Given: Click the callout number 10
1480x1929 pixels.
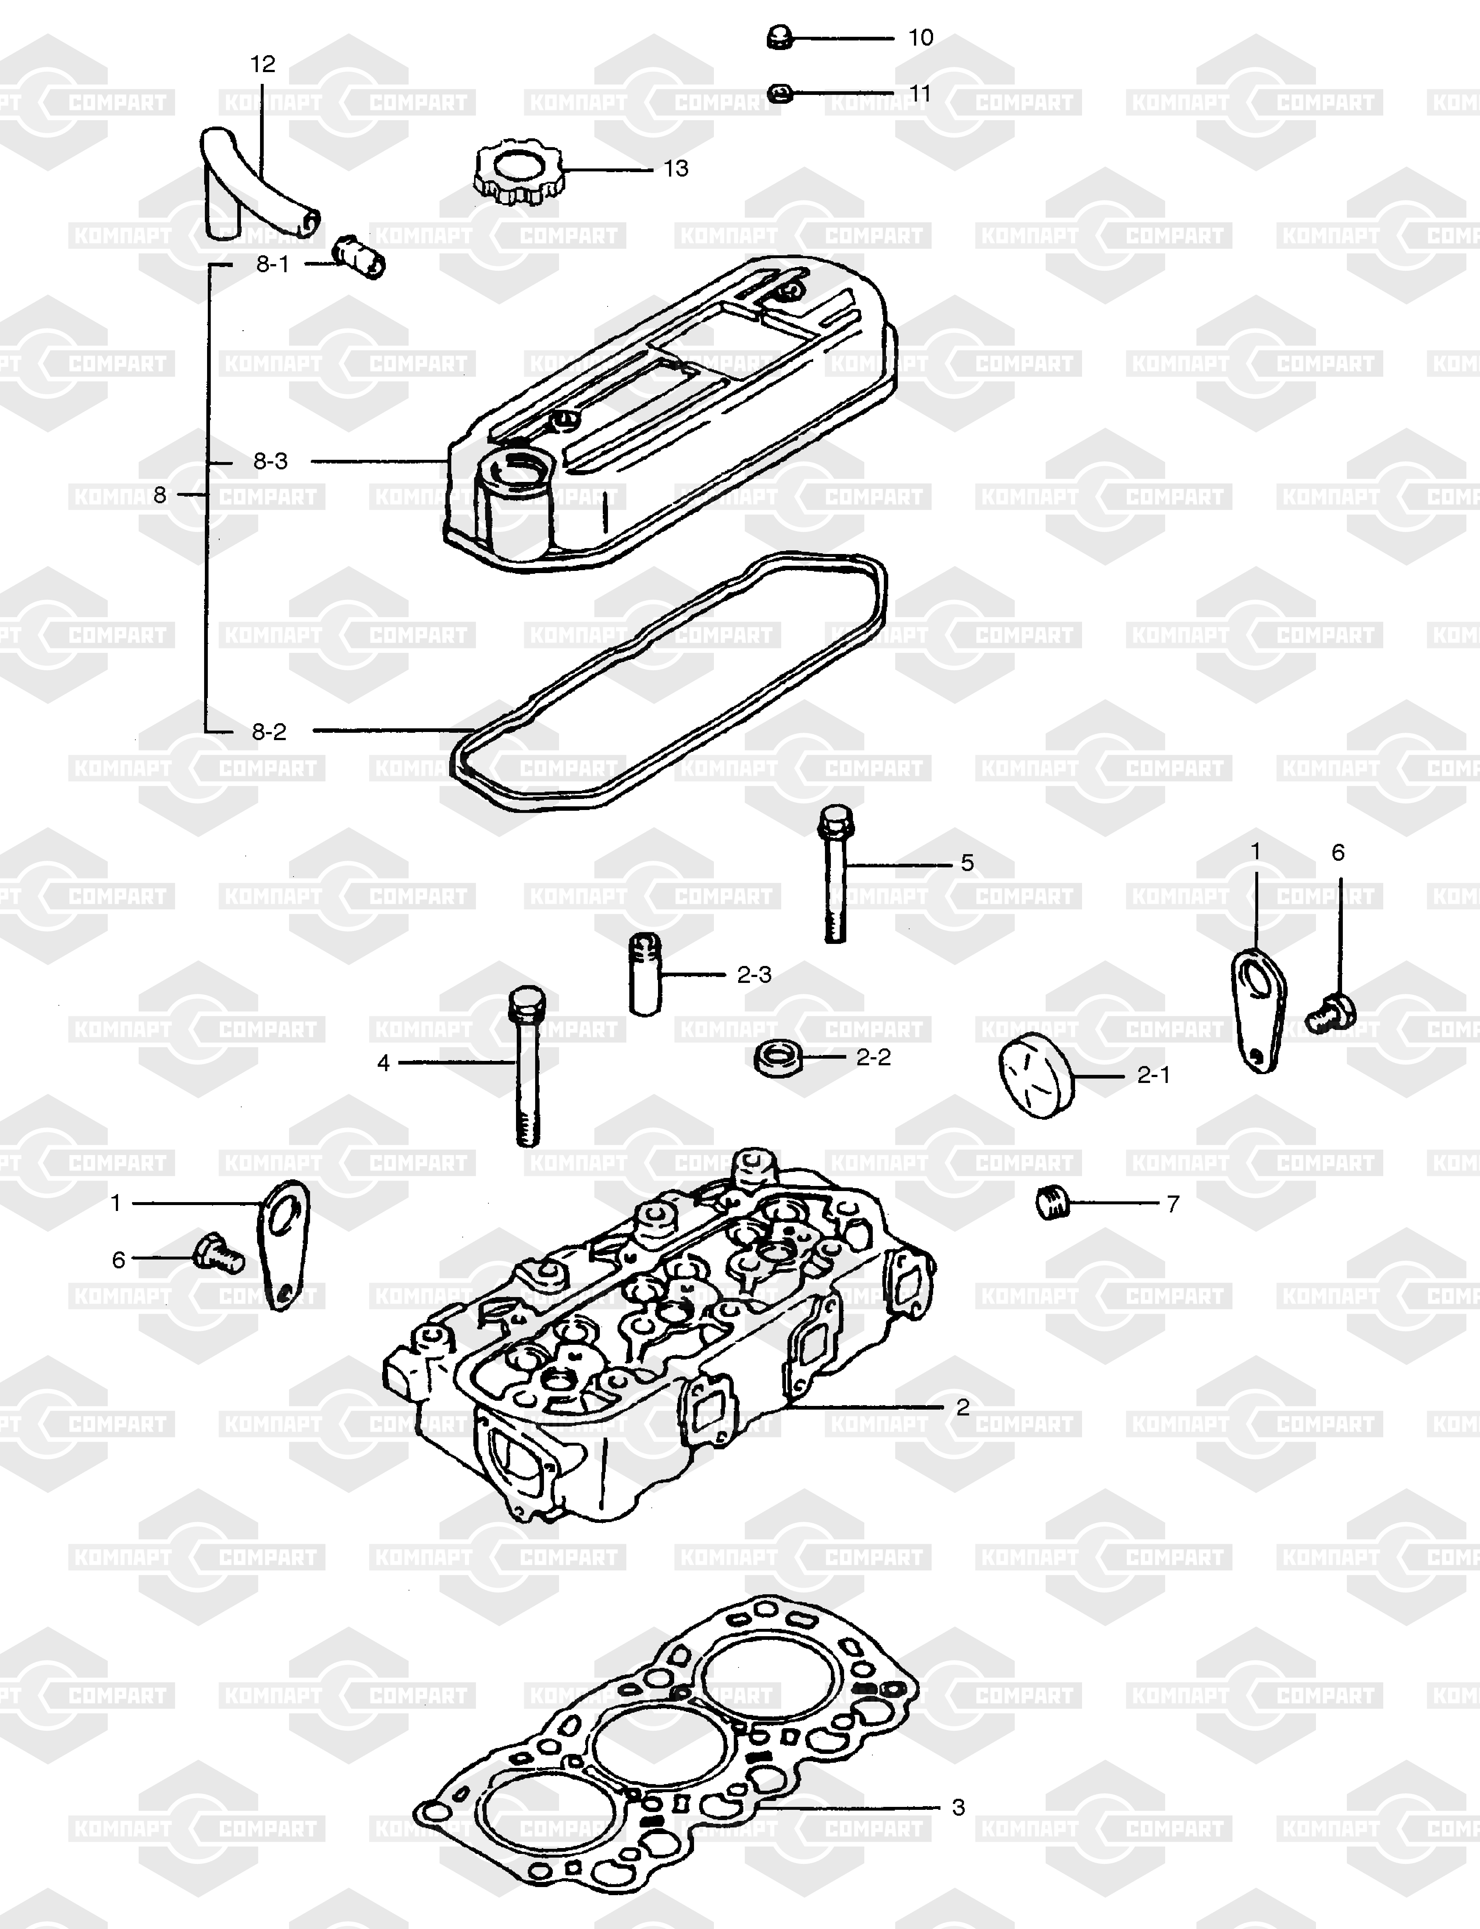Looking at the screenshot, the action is tap(921, 38).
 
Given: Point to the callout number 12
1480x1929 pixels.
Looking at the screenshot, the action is tap(263, 64).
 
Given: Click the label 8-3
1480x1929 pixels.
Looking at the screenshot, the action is tap(270, 461).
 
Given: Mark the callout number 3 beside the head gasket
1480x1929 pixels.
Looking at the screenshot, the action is tap(958, 1807).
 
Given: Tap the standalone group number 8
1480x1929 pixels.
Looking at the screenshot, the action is tap(160, 495).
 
